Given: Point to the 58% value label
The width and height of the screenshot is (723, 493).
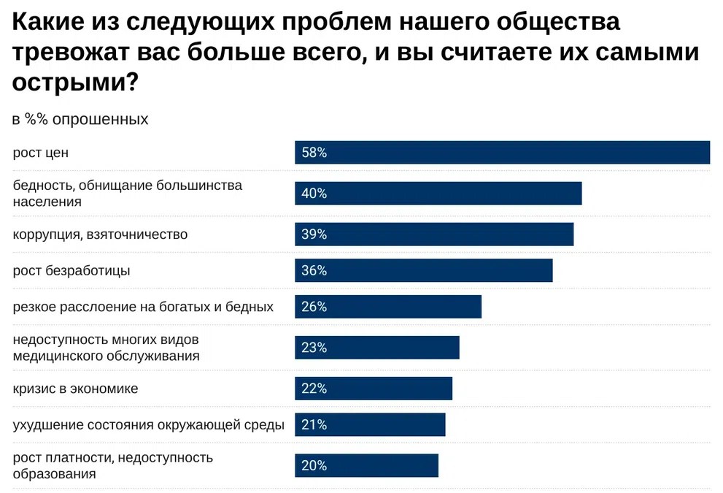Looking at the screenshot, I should pyautogui.click(x=314, y=153).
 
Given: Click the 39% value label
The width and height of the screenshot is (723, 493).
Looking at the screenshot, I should pyautogui.click(x=314, y=234).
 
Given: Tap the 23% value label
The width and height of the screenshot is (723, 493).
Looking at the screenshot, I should pyautogui.click(x=314, y=348).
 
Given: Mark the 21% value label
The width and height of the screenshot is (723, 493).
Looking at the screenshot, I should pyautogui.click(x=314, y=424).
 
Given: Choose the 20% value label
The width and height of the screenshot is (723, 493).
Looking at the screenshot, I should pyautogui.click(x=314, y=465).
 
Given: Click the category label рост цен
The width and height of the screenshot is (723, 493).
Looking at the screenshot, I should pyautogui.click(x=41, y=153).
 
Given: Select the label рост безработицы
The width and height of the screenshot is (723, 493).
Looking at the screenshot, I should pyautogui.click(x=71, y=270).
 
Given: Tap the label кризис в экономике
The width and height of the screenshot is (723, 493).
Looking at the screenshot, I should pyautogui.click(x=75, y=389).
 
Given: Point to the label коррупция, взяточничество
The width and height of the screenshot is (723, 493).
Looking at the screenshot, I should pyautogui.click(x=100, y=234).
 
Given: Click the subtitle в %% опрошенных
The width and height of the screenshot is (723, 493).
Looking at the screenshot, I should pyautogui.click(x=80, y=119).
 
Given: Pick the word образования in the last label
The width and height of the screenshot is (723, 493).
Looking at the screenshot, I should pyautogui.click(x=54, y=473).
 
